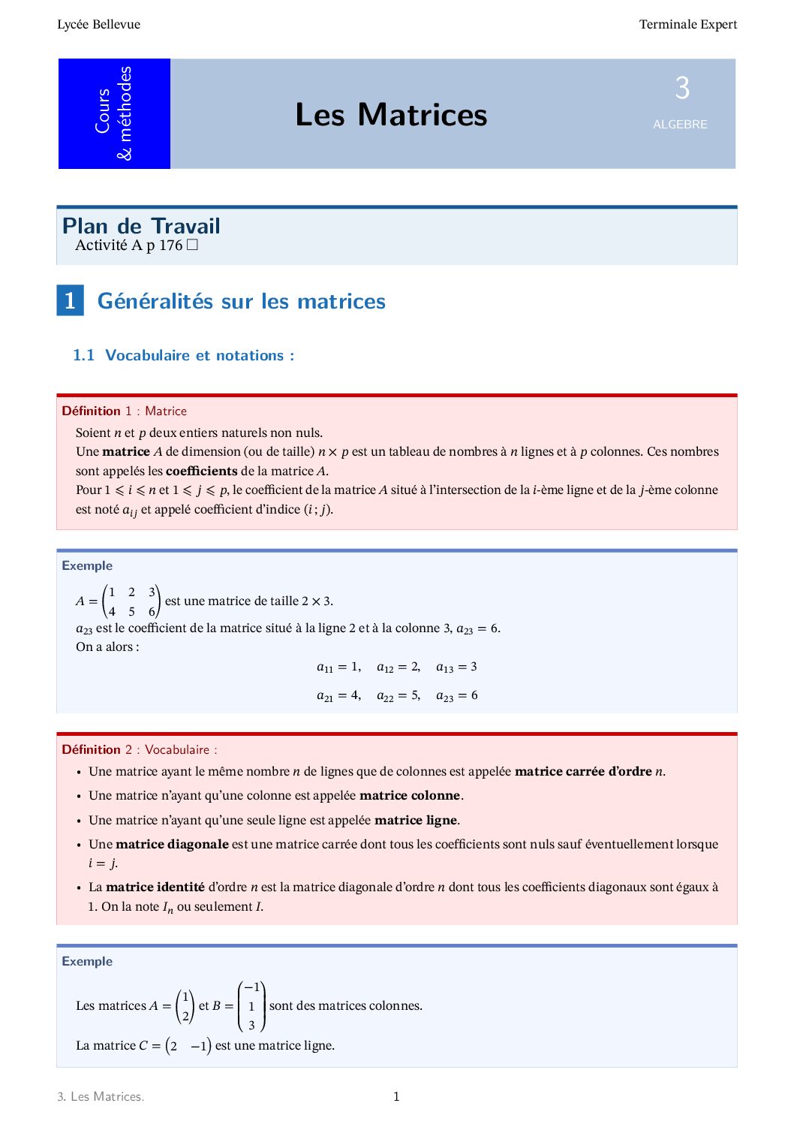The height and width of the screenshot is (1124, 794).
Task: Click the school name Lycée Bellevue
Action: [x=98, y=24]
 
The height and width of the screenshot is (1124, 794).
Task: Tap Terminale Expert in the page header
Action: [x=687, y=24]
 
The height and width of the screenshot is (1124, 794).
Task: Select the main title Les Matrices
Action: [x=391, y=114]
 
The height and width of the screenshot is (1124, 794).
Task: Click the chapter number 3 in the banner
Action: [x=681, y=89]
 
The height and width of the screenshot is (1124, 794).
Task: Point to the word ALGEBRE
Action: [x=680, y=125]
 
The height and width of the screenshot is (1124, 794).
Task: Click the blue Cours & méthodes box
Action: [x=114, y=113]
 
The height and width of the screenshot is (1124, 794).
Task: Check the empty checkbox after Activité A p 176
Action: [x=192, y=245]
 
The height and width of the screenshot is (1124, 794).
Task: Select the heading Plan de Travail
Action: [x=141, y=226]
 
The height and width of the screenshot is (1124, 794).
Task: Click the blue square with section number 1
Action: [x=70, y=300]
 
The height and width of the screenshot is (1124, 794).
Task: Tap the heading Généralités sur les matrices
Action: [x=241, y=301]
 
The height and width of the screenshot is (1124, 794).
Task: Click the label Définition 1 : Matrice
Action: [x=124, y=411]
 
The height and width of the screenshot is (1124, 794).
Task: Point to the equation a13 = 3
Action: [x=456, y=667]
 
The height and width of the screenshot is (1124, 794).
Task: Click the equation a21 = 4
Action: [x=338, y=695]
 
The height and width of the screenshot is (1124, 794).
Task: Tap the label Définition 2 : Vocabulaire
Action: [x=139, y=749]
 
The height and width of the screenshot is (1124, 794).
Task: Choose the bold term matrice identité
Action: [x=155, y=887]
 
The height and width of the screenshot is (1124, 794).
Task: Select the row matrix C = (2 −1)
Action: [x=174, y=1045]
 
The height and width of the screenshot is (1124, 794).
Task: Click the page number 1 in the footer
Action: [x=396, y=1096]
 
